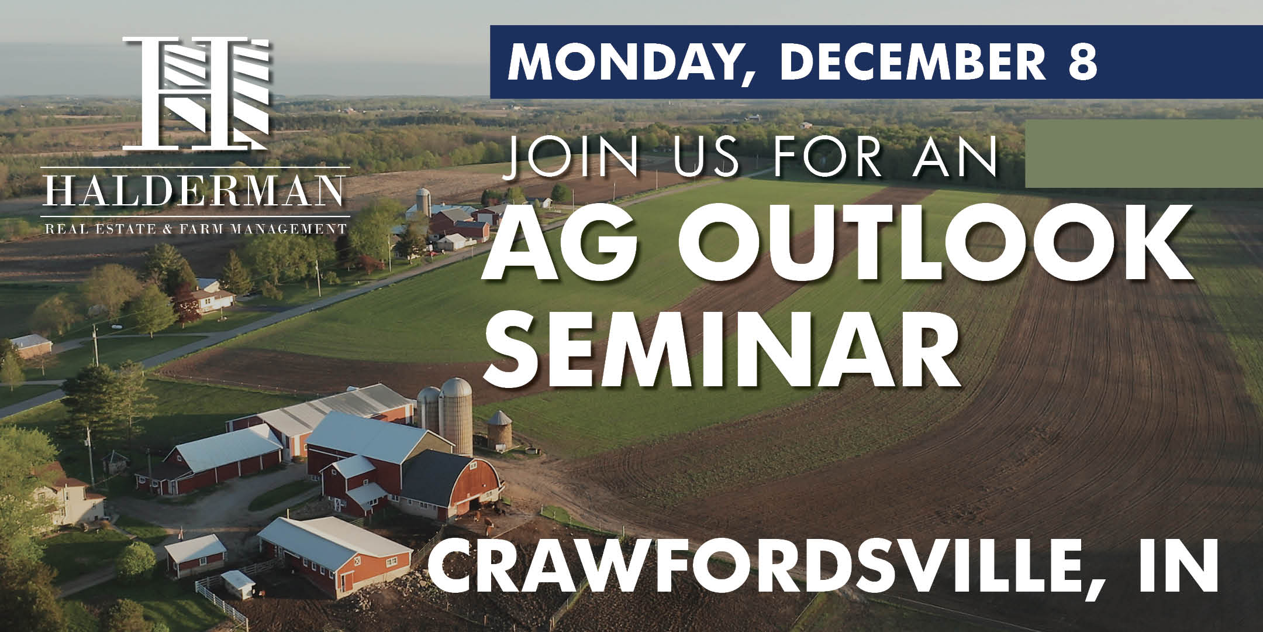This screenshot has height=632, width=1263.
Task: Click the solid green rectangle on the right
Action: [x=1144, y=153]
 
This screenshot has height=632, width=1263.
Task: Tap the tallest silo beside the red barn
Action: [x=456, y=415]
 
